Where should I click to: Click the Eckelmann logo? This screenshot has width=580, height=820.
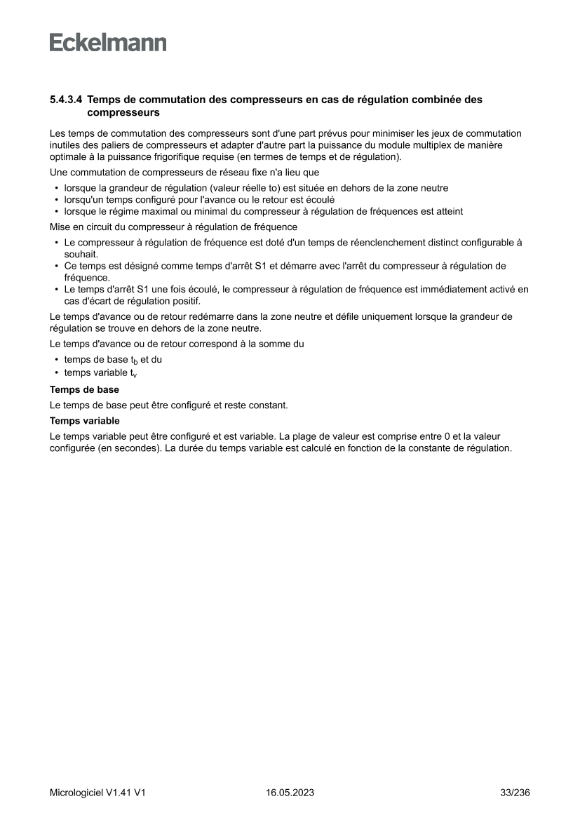[x=108, y=43]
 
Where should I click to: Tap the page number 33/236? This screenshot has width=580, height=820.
[x=514, y=793]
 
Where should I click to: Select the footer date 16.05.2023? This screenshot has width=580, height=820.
[x=290, y=793]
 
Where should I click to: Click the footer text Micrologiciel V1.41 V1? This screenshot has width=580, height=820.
[x=97, y=793]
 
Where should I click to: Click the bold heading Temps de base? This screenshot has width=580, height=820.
[x=84, y=389]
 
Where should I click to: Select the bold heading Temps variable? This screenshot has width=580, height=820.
[x=85, y=421]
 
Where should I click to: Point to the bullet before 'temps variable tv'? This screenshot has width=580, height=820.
[x=56, y=373]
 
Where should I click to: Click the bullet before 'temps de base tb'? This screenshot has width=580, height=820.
[x=56, y=360]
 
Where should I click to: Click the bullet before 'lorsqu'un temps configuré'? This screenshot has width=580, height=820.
[x=56, y=200]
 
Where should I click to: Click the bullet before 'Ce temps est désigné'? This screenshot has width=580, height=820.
[x=56, y=267]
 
